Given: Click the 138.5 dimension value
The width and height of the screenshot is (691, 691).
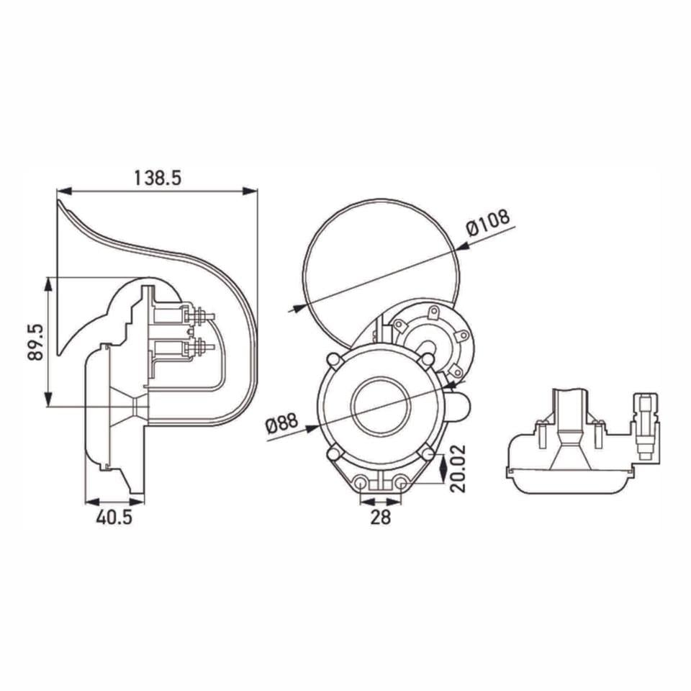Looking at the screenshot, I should click(157, 178).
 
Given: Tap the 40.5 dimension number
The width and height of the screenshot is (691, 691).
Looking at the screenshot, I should click(113, 518).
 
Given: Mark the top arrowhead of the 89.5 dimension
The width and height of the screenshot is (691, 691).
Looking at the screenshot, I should click(48, 284).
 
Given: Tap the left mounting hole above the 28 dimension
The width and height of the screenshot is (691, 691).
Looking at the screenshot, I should click(361, 483).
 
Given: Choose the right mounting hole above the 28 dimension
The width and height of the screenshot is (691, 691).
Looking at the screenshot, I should click(399, 483).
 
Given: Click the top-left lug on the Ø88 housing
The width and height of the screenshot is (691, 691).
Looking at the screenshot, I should click(333, 358).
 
